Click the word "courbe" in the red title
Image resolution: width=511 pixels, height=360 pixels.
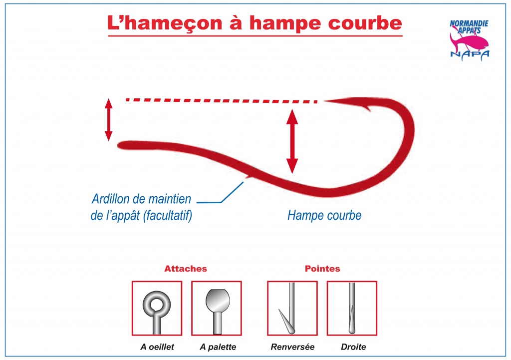pos(365,23)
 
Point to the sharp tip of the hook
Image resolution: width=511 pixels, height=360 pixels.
pos(324,101)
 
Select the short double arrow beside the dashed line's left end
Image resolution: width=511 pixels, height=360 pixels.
pos(108,120)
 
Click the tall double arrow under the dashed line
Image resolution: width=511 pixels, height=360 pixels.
pos(292,141)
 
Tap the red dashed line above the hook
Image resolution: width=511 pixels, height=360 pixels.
pos(222,101)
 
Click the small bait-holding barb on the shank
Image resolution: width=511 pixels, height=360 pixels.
pos(249,177)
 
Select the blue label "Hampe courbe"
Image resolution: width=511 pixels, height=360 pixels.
pos(324,215)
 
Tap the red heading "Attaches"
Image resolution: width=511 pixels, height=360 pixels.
pos(186,269)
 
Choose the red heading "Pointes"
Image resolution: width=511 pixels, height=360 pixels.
pos(322,269)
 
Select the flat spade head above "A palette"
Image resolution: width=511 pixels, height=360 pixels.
pos(218,300)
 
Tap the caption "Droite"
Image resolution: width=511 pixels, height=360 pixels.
pos(353,347)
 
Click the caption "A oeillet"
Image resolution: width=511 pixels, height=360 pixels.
pos(157,347)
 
